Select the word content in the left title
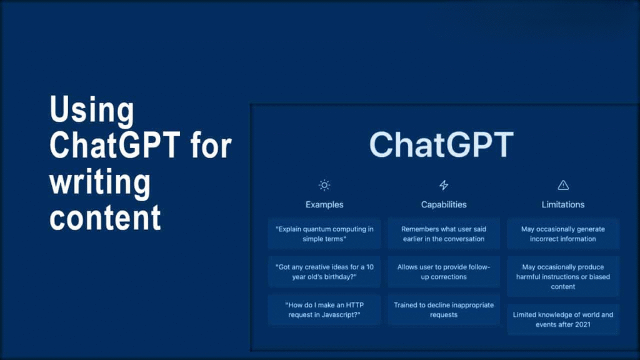[x=105, y=217]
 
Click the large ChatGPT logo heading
[x=441, y=144]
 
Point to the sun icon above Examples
[x=324, y=185]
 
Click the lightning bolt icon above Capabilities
[x=444, y=185]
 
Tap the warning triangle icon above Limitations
[x=563, y=185]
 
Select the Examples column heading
[x=324, y=204]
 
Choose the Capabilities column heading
[x=444, y=204]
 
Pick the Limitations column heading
[x=563, y=204]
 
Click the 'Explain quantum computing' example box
[x=324, y=234]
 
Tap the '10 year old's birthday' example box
[x=324, y=272]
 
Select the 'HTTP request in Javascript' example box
[x=324, y=310]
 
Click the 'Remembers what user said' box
[x=444, y=234]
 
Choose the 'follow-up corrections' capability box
[x=444, y=272]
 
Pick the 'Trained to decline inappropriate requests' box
[x=444, y=310]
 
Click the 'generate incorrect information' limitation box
[x=563, y=234]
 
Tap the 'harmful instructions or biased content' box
[x=563, y=276]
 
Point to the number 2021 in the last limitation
[x=582, y=324]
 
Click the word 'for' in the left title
[x=211, y=146]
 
